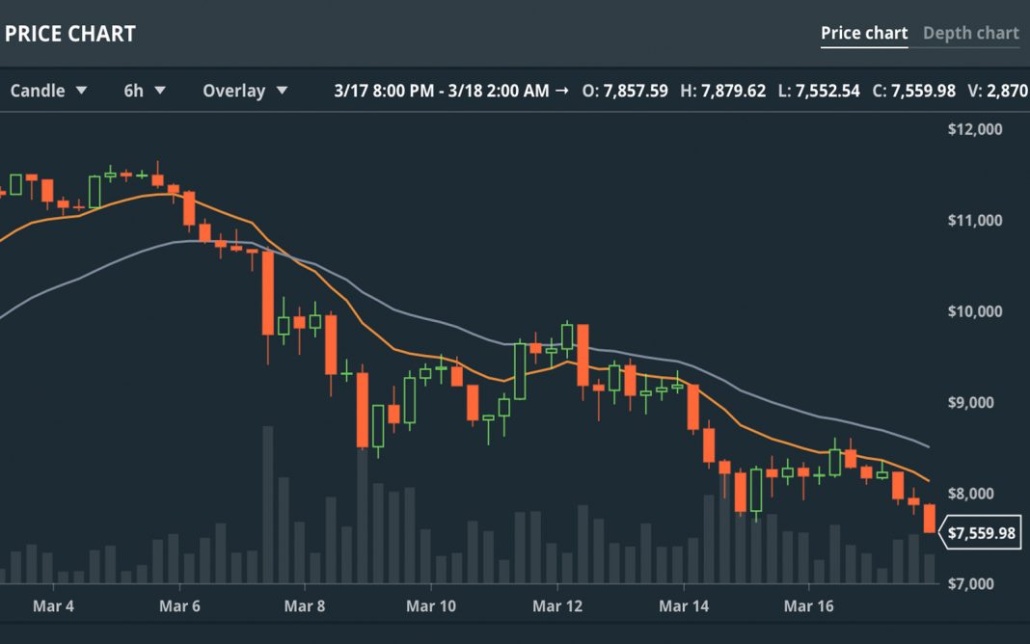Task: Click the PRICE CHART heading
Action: [x=69, y=34]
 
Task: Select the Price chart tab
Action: [x=864, y=34]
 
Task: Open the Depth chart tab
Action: [x=970, y=34]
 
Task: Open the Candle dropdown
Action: [x=48, y=91]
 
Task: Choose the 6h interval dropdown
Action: [x=145, y=91]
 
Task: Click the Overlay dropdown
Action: [x=245, y=91]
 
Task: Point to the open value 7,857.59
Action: [x=635, y=91]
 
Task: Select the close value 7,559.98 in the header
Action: [x=923, y=91]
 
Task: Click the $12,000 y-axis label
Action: [x=975, y=129]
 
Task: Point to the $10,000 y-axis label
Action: [x=975, y=311]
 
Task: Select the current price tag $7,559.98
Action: [x=982, y=533]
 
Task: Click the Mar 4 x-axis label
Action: [x=53, y=606]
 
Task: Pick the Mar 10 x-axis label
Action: [x=430, y=606]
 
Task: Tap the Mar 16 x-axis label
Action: [x=808, y=606]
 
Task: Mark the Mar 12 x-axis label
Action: [x=557, y=606]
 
